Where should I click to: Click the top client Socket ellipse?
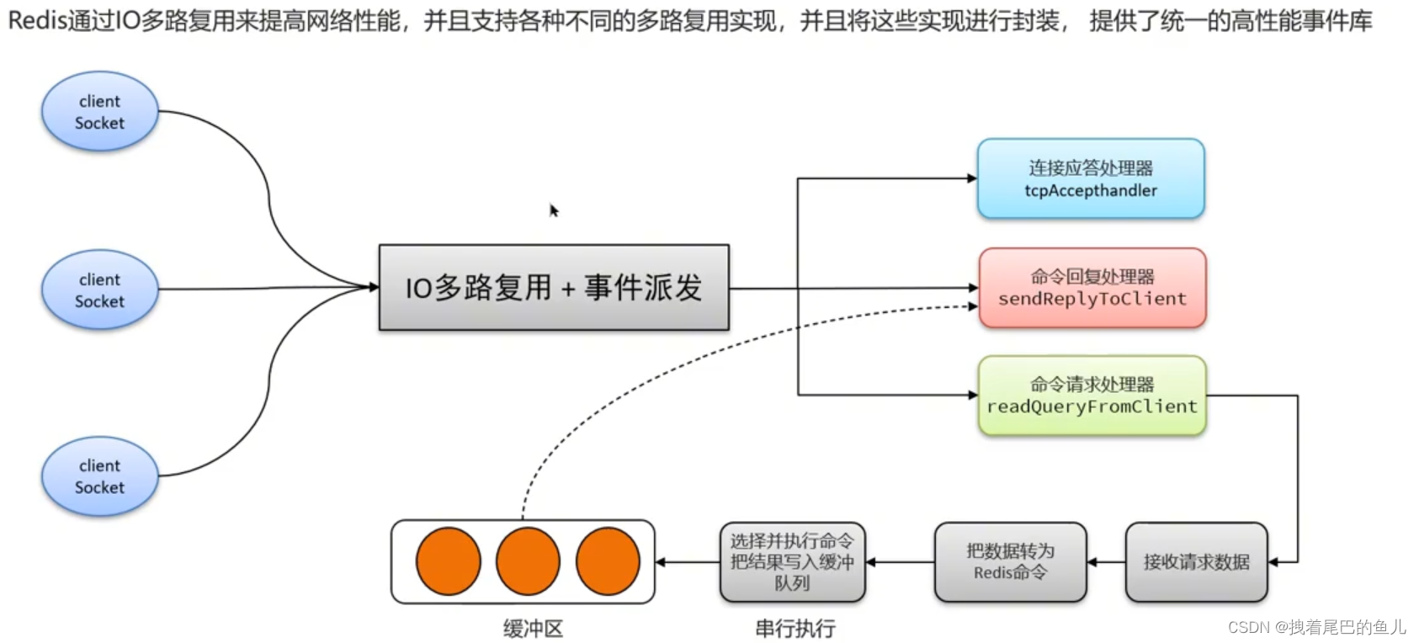(99, 112)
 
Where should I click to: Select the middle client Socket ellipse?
(99, 290)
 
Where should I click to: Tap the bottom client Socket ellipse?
(99, 476)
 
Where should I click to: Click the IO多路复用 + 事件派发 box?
(553, 288)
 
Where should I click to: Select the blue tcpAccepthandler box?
(1091, 179)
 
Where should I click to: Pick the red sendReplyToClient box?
(1092, 288)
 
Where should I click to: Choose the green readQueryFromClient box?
(1092, 396)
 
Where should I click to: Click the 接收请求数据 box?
(1196, 562)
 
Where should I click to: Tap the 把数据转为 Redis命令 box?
(1010, 562)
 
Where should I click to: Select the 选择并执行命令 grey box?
(792, 562)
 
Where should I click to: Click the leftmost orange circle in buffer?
(448, 561)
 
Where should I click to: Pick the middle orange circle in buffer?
(528, 561)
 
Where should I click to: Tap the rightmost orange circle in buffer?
(608, 561)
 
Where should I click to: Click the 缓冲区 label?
(533, 628)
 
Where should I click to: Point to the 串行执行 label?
(795, 628)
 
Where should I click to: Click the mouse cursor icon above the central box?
(554, 210)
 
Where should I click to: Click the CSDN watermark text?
(1316, 627)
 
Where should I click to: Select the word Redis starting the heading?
(36, 20)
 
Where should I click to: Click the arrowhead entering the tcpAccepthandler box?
(972, 178)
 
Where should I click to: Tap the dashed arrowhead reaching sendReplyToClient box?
(973, 306)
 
